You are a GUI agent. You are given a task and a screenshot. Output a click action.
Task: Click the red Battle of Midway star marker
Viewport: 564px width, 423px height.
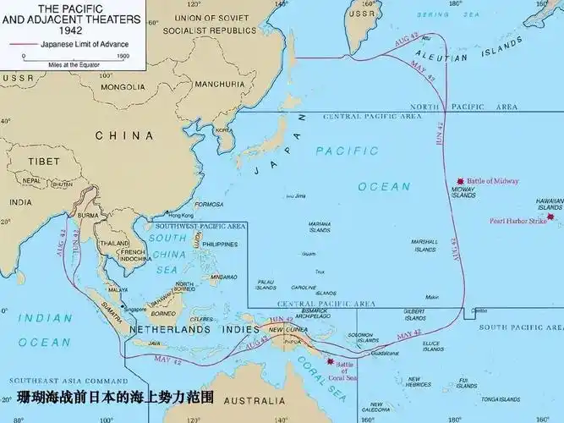coord(460,181)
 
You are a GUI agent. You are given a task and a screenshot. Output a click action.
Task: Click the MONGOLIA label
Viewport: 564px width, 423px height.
coord(123,86)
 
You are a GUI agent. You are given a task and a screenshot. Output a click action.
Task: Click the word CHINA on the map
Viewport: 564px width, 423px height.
coord(124,135)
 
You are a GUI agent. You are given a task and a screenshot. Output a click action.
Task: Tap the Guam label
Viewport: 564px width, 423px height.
coord(309,254)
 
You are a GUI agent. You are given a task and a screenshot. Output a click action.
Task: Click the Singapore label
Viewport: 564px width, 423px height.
coord(135,310)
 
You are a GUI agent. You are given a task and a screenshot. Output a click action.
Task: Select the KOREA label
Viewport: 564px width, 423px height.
coord(223,130)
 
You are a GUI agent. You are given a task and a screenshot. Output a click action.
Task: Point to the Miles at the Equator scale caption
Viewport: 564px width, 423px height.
coord(74,64)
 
